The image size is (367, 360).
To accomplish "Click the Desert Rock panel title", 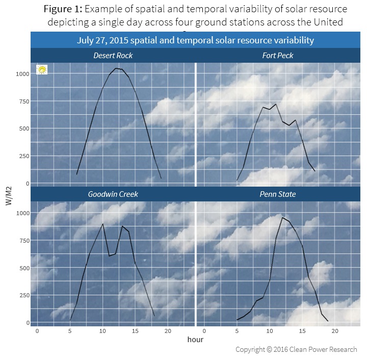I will coord(113,55).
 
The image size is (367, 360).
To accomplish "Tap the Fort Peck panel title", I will coord(278,55).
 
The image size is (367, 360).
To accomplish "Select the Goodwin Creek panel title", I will coord(113,194).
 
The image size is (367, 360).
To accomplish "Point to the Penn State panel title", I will coord(278,194).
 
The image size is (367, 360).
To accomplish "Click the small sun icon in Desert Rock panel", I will coord(42,70).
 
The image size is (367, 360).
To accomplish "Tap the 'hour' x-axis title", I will coord(196,339).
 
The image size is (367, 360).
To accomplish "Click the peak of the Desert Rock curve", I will coord(116,68).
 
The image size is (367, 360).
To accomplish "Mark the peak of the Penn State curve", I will coord(282,218).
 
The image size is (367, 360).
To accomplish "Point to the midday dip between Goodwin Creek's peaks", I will coord(110,255).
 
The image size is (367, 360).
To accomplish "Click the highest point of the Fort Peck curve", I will coord(276,104).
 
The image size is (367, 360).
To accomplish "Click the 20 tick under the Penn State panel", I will coord(335,331).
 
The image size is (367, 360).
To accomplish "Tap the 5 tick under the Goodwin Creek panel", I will coord(70,331).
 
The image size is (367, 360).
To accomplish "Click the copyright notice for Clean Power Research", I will coord(296,350).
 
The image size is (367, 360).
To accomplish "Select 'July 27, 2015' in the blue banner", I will coord(107,40).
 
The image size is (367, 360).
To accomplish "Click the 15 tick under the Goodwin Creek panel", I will coord(136,331).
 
